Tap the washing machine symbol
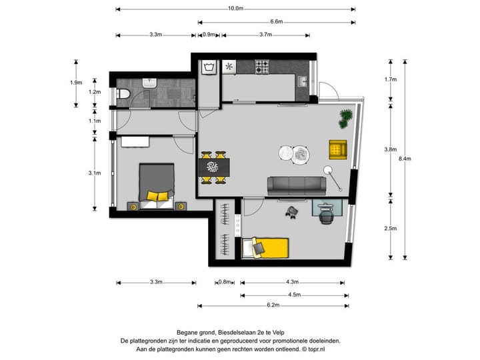pyautogui.click(x=209, y=67)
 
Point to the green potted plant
pyautogui.click(x=346, y=118)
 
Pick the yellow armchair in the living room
pyautogui.click(x=338, y=150)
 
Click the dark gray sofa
pyautogui.click(x=295, y=185)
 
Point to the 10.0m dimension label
pyautogui.click(x=235, y=9)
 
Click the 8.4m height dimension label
pyautogui.click(x=405, y=159)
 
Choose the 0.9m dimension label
pyautogui.click(x=209, y=35)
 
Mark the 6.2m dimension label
pyautogui.click(x=272, y=306)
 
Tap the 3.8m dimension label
pyautogui.click(x=391, y=150)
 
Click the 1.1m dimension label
pyautogui.click(x=95, y=121)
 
